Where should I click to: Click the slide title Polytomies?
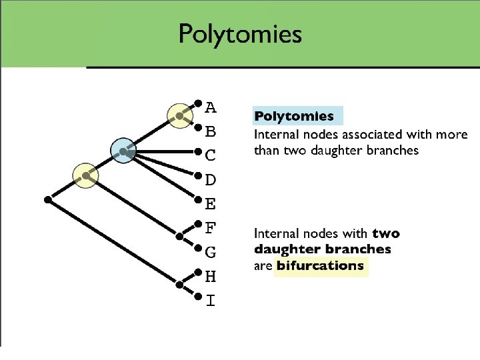click(240, 33)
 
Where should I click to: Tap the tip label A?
click(210, 107)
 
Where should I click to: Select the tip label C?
click(210, 155)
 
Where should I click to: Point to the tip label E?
click(210, 204)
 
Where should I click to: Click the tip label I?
click(210, 301)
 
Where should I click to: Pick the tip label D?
click(210, 180)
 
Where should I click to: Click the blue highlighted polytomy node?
click(124, 152)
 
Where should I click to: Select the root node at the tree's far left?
click(47, 199)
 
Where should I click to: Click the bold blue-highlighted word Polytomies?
click(294, 117)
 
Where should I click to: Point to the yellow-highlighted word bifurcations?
click(320, 266)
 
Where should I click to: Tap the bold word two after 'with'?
click(386, 233)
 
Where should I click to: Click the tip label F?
click(210, 228)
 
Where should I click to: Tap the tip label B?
click(210, 131)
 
